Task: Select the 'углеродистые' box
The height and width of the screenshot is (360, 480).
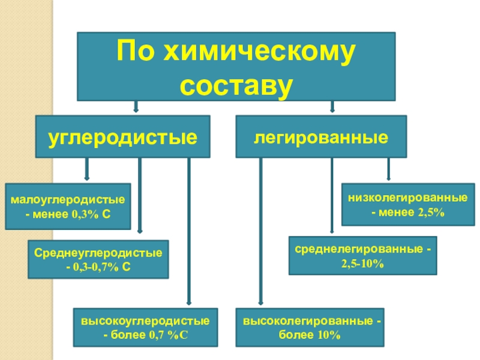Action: pos(123,137)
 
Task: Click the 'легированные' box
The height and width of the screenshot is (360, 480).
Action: pos(320,137)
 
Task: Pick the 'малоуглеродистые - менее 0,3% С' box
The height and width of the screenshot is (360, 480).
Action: pos(68,206)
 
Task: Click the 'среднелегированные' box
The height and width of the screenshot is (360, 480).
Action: pos(363,256)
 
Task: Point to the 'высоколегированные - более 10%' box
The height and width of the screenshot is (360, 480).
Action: pos(310,327)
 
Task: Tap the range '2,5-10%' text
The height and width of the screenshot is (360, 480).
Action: pos(362,263)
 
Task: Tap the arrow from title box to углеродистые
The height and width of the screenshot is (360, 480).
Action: pos(136,107)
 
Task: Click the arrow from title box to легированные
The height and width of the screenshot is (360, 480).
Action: pos(332,107)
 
